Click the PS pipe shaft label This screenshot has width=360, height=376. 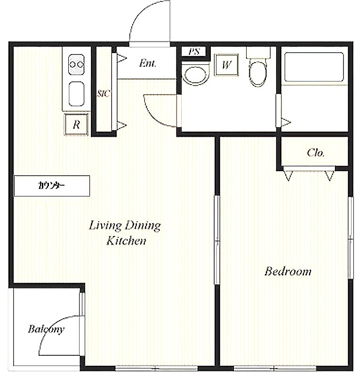coord(194,51)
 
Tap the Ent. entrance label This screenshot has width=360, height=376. coord(147,63)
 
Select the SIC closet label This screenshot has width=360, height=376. coord(104,93)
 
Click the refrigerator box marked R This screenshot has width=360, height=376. coord(76,125)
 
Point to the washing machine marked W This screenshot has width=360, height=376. coord(226,64)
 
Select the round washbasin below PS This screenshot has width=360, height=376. coord(194,74)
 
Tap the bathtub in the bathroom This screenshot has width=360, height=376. coord(314,67)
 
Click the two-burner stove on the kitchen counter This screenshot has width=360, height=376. coord(76,64)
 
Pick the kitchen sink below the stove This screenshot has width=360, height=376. coord(76,94)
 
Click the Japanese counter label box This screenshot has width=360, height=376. coord(52,186)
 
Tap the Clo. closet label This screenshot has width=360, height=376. coord(316,152)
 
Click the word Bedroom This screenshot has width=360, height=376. coord(288,271)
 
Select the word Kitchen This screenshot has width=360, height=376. coord(126,241)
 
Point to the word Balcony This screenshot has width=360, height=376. coord(46,329)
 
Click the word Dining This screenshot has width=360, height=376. coord(143,226)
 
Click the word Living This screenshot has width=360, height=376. coord(105,226)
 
